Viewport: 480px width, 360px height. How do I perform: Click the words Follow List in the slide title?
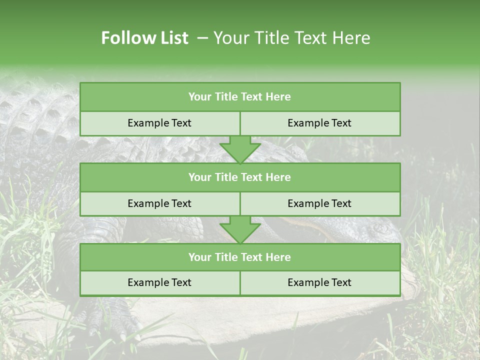(144, 38)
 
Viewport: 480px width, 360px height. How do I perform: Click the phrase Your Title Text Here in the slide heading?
(291, 38)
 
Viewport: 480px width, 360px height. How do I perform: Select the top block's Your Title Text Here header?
(239, 97)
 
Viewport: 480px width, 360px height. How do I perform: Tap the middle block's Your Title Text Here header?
(239, 177)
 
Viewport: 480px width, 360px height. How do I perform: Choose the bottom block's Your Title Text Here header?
(239, 257)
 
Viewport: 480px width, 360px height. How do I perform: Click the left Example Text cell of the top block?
(159, 123)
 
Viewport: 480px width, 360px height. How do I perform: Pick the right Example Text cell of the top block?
(319, 123)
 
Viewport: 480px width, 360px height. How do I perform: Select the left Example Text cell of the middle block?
(159, 203)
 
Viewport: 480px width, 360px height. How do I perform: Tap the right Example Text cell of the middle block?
(319, 203)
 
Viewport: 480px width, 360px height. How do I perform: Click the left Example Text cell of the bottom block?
(159, 282)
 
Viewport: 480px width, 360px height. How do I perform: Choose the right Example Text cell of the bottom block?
(319, 282)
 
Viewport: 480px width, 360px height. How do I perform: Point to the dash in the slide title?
(202, 38)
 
